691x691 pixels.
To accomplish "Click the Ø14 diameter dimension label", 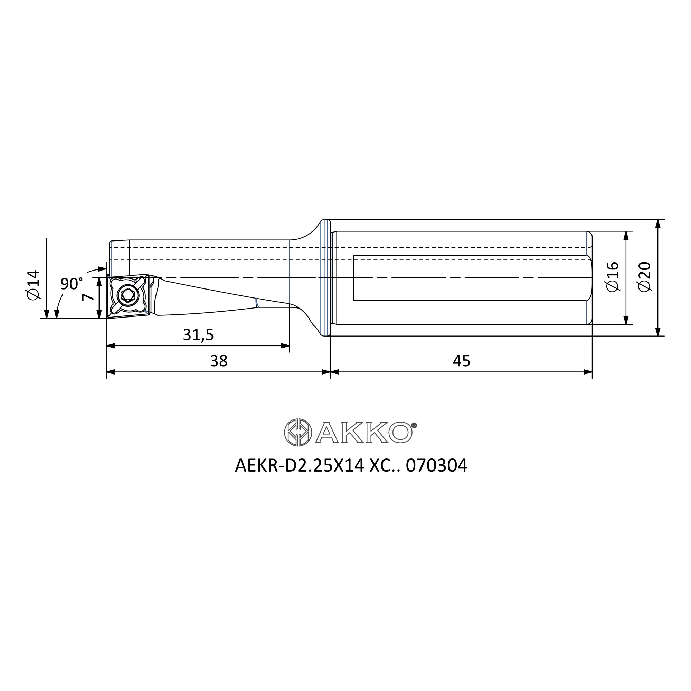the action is (34, 285).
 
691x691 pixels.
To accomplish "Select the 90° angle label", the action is (71, 284).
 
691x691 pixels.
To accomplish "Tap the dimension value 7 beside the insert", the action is (88, 296).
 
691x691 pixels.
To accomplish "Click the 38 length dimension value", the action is (219, 361).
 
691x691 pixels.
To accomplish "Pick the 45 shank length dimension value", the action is (461, 361).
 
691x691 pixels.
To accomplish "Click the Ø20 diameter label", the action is (644, 277).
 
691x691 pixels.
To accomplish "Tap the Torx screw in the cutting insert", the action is (128, 295).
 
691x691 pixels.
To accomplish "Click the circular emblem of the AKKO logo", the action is (298, 433).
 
